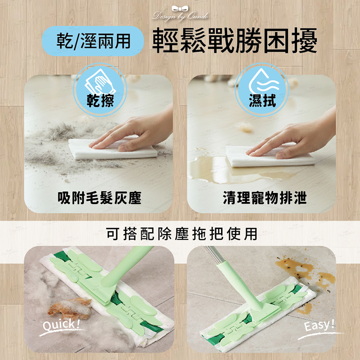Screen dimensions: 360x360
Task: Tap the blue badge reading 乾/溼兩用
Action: [93, 41]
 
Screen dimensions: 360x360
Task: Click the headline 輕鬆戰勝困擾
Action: [234, 41]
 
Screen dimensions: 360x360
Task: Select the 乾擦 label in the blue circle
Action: [100, 100]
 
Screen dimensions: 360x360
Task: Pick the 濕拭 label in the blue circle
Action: [262, 100]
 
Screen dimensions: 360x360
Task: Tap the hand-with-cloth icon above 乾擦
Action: [100, 82]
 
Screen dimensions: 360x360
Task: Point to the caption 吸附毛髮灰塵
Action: [99, 198]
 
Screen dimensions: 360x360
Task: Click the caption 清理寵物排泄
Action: [265, 198]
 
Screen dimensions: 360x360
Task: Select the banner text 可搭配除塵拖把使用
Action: [182, 234]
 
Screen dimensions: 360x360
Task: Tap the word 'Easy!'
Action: [319, 325]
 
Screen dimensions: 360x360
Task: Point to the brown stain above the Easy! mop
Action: [303, 271]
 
